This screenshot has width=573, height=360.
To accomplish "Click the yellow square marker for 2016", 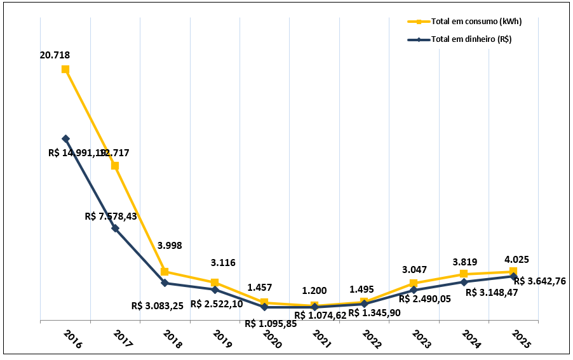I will (x=65, y=69).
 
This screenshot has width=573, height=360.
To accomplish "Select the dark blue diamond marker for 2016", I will (x=65, y=138).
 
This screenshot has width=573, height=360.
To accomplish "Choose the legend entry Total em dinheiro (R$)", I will (x=471, y=39).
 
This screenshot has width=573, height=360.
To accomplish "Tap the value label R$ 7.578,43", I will (x=111, y=217).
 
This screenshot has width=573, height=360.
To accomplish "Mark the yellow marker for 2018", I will (x=165, y=272).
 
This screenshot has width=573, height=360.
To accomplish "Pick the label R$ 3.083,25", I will (x=158, y=305).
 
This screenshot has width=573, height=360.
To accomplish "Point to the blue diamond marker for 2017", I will (x=115, y=228).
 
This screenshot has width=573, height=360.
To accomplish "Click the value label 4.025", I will (x=516, y=260).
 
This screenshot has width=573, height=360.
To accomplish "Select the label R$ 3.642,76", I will (x=540, y=281).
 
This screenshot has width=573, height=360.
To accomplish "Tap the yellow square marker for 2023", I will (x=414, y=283).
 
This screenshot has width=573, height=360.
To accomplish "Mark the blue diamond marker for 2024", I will (x=464, y=282).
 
